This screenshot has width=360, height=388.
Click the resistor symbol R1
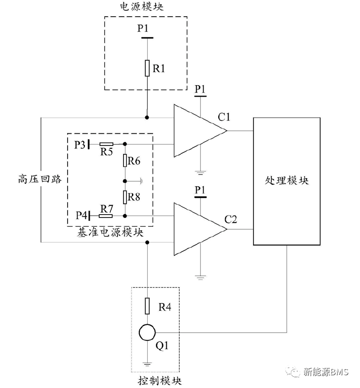click(147, 68)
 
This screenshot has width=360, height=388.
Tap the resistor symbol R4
click(147, 307)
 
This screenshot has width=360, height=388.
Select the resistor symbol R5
click(106, 145)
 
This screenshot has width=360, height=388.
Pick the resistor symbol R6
click(125, 160)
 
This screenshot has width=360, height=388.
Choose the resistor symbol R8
click(125, 197)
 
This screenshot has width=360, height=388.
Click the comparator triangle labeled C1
click(199, 131)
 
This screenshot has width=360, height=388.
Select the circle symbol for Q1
click(147, 333)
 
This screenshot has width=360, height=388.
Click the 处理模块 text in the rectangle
click(286, 180)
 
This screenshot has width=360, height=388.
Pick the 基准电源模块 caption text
click(110, 233)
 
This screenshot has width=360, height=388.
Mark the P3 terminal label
click(79, 145)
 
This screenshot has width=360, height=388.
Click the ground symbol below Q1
click(147, 364)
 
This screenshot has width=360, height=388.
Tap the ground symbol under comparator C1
click(200, 172)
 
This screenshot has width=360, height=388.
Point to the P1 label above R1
click(143, 29)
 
